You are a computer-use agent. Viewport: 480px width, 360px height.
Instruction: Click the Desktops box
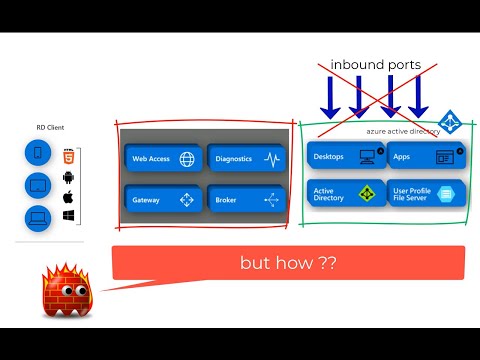pos(341,157)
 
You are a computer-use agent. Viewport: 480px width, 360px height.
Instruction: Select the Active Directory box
pos(341,193)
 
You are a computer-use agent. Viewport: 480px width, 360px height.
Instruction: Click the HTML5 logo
pos(69,157)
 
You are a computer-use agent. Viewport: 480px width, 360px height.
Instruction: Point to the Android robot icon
pos(69,178)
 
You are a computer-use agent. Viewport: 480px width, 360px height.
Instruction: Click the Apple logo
pos(69,197)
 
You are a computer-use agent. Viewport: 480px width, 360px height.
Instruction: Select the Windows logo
pos(69,215)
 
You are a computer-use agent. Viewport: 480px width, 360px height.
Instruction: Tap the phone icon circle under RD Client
pos(38,154)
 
